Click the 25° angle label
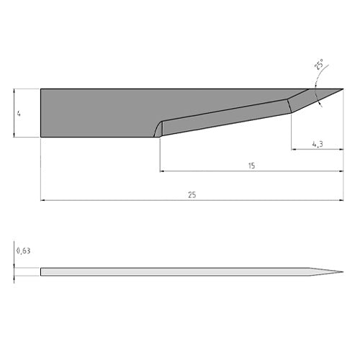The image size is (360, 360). (x=319, y=64)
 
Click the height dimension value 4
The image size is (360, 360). (x=19, y=114)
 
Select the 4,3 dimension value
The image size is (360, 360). (x=318, y=144)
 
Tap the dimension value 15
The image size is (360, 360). (x=251, y=166)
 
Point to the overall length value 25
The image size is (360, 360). (x=192, y=195)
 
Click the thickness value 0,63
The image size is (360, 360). (x=23, y=251)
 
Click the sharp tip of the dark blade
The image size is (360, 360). (x=343, y=89)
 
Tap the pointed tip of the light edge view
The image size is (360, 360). (x=343, y=272)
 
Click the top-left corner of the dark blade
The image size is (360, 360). (x=41, y=89)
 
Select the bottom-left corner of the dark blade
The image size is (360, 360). (x=41, y=137)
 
